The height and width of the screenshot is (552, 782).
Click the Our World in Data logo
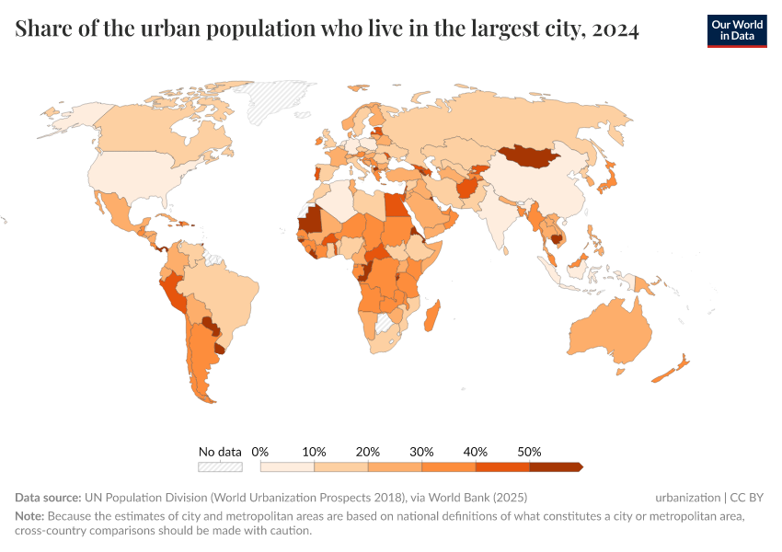736,30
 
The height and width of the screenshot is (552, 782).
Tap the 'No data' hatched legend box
220,467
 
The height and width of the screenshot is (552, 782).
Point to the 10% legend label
315,452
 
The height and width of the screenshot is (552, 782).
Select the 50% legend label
529,452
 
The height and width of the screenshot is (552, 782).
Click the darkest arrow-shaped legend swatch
556,467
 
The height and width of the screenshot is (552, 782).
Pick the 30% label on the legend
421,452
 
